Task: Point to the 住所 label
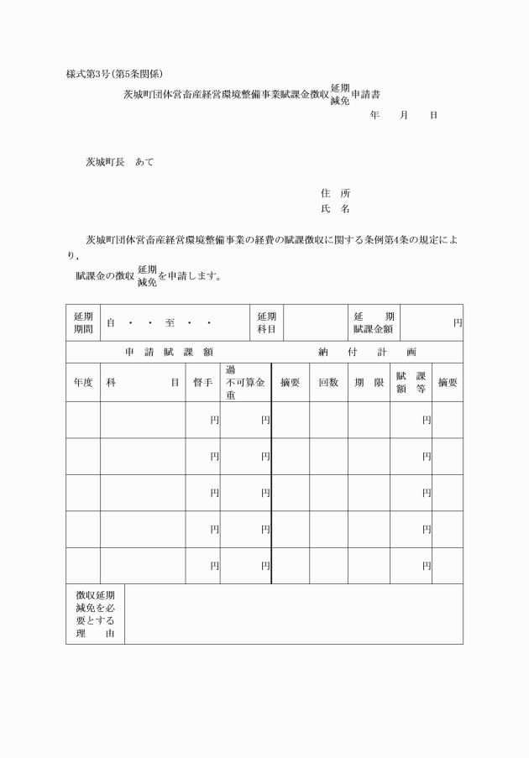(x=335, y=193)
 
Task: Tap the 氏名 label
(x=335, y=209)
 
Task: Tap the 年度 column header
(x=83, y=383)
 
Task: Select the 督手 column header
(x=202, y=383)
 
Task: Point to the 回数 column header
(x=328, y=383)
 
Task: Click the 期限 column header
(x=369, y=383)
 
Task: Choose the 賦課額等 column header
(x=411, y=383)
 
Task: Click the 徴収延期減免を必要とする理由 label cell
(x=95, y=614)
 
